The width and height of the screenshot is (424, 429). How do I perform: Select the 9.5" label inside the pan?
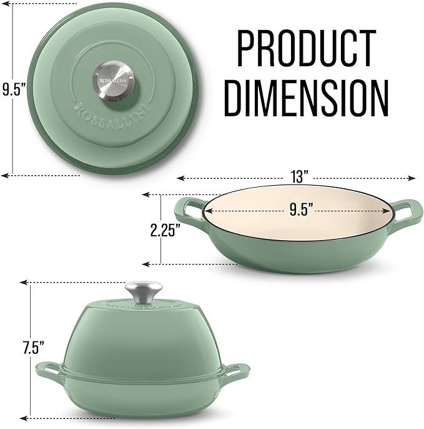coord(301,210)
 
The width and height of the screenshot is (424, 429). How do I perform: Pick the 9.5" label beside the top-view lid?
coord(11,89)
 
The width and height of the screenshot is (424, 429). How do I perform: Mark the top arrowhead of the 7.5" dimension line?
coord(26,283)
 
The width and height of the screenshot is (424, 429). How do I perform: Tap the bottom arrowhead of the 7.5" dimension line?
coord(26,418)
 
